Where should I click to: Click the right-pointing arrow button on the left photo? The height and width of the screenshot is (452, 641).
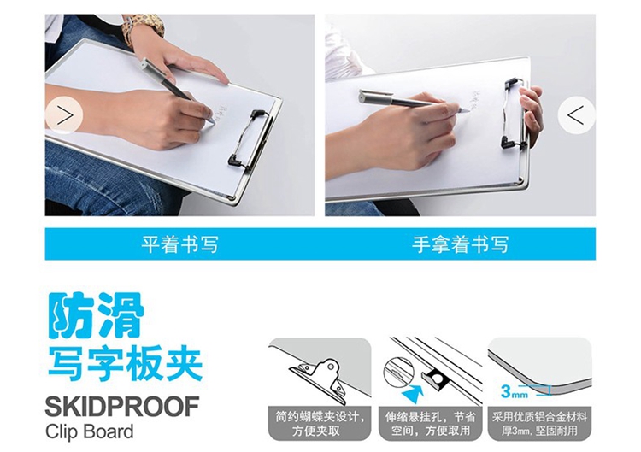(x=64, y=115)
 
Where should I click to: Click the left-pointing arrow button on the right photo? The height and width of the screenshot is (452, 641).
(x=576, y=115)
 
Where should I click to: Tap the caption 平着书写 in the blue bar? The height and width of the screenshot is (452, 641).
(x=179, y=244)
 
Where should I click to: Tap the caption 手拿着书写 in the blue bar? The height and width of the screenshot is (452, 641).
(x=461, y=244)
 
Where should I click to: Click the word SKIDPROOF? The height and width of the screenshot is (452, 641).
(x=122, y=406)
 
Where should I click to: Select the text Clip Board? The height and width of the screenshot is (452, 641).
(x=90, y=431)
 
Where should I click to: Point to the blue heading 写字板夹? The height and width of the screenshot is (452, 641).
(x=125, y=364)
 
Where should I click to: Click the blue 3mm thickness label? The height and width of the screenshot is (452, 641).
(x=514, y=392)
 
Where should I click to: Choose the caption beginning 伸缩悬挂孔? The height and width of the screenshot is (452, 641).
(x=431, y=424)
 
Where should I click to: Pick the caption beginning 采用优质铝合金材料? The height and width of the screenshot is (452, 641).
(x=539, y=424)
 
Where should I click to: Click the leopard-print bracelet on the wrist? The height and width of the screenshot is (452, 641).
(x=144, y=28)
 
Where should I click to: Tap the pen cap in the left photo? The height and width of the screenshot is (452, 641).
(x=153, y=69)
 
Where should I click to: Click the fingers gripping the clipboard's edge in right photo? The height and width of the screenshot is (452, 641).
(x=532, y=110)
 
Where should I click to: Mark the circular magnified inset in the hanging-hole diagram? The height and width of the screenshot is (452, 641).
(x=399, y=373)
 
